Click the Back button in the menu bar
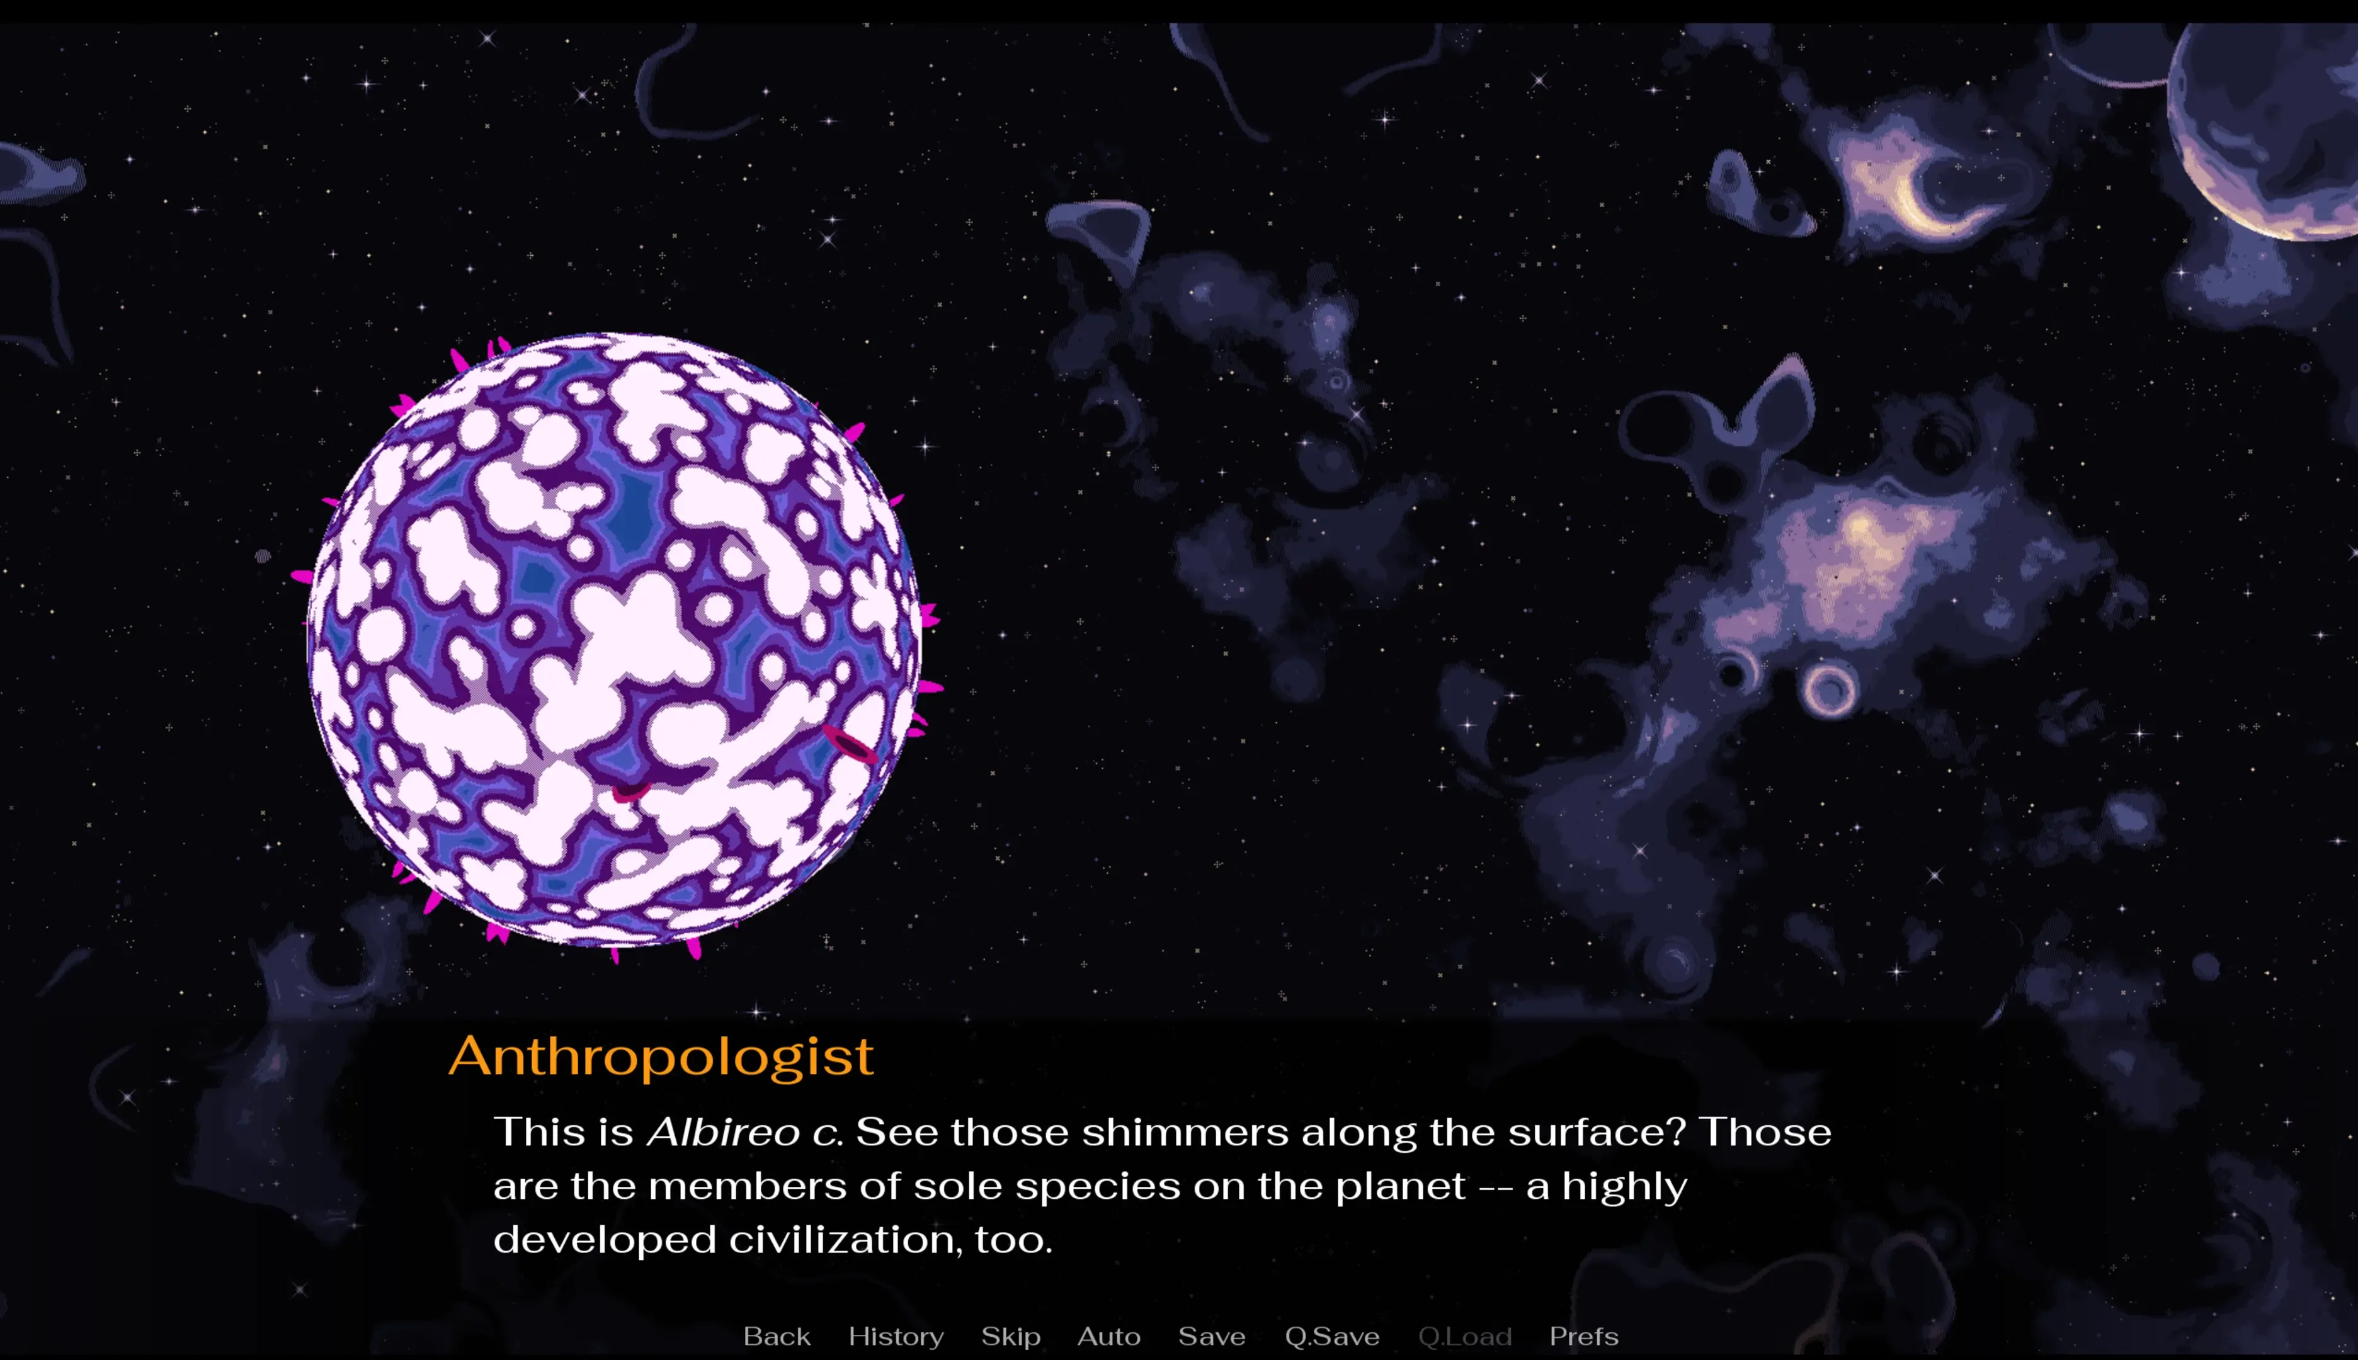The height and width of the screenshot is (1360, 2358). (777, 1335)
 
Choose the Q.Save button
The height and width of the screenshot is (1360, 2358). (1332, 1335)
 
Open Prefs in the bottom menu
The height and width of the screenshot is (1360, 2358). (1583, 1335)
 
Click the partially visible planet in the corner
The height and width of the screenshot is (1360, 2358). (2270, 131)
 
